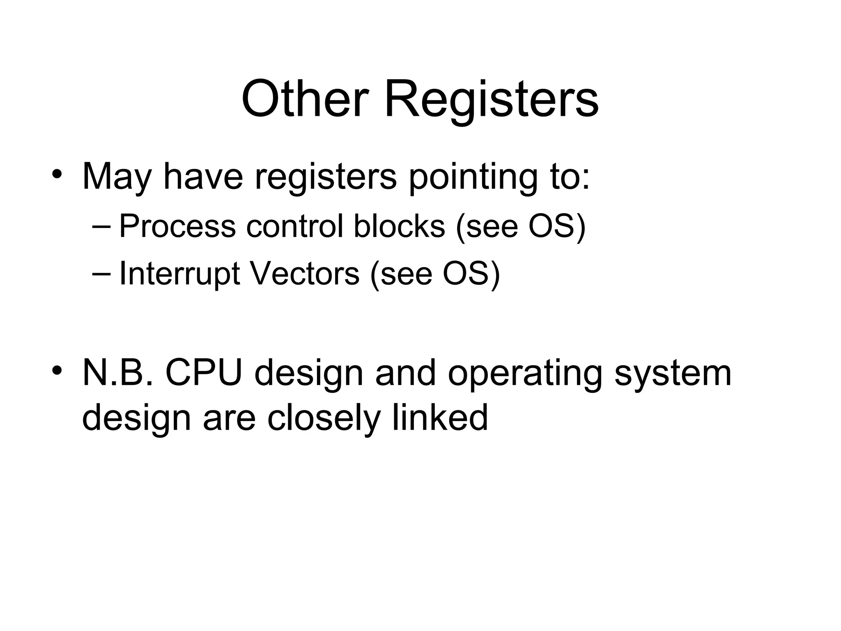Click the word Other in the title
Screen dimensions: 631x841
coord(303,100)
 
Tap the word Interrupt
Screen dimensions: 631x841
coord(179,274)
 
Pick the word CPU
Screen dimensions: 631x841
coord(204,373)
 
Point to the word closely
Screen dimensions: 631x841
coord(324,417)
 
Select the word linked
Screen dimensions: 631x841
coord(440,417)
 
